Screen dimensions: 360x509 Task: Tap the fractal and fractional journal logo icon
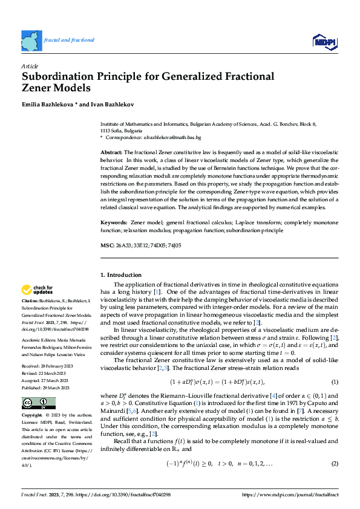(x=31, y=40)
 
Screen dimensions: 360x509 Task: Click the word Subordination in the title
(x=59, y=77)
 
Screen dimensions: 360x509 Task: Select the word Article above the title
(x=30, y=65)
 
